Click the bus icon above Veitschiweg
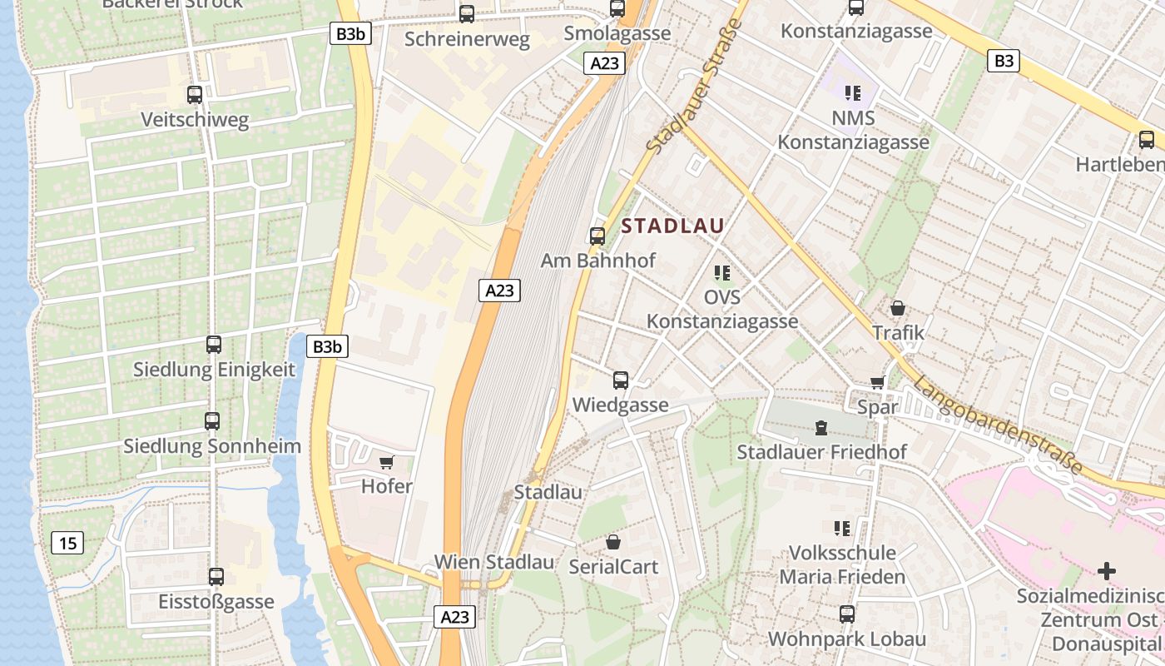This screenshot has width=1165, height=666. click(x=195, y=95)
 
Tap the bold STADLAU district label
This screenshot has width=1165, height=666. click(x=672, y=226)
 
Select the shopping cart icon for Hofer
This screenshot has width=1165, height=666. click(x=386, y=462)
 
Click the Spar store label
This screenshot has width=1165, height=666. click(x=878, y=407)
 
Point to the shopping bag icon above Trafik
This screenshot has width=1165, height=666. click(x=898, y=308)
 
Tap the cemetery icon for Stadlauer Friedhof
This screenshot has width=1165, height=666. click(x=821, y=428)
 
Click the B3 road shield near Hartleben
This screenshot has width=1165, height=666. click(x=1004, y=60)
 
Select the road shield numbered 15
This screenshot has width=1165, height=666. click(x=67, y=544)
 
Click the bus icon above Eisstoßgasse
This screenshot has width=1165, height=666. click(x=216, y=576)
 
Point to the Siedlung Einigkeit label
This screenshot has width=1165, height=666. click(x=214, y=370)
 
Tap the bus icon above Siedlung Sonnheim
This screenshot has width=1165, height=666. click(x=212, y=421)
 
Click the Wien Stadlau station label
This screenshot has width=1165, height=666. click(x=494, y=562)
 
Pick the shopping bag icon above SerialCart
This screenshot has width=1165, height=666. click(x=613, y=542)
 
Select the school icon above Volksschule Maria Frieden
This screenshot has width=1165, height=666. click(x=842, y=528)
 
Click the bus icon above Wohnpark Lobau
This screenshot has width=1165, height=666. click(x=847, y=614)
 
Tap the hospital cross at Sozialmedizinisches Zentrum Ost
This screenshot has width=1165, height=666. click(x=1107, y=571)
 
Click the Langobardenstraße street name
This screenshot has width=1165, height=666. click(x=998, y=425)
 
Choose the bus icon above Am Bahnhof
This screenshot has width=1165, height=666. click(x=597, y=236)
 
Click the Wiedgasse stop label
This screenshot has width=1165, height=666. click(x=621, y=405)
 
